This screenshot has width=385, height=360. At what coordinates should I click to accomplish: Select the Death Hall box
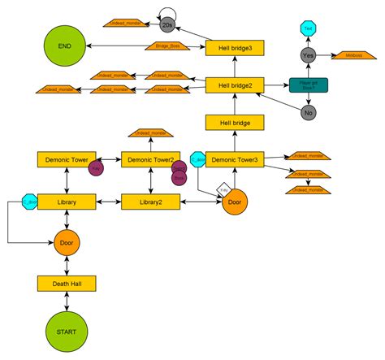pos(67,283)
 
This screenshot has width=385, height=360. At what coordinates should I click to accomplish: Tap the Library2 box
pos(150,202)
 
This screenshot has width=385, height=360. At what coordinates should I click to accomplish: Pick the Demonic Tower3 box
pos(234,159)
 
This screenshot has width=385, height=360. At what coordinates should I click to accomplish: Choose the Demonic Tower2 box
pos(150,159)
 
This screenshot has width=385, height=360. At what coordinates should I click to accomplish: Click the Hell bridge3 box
pos(234,48)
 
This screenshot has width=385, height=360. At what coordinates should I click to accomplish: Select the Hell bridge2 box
pos(234,85)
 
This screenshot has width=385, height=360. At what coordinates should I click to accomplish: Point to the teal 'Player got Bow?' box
pos(309,85)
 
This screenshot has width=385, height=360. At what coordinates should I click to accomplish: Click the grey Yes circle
pos(308,55)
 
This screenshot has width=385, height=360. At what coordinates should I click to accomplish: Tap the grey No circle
pos(308,114)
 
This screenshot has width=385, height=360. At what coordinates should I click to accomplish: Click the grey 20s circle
pos(168,25)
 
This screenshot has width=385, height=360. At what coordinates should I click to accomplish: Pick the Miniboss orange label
pos(353,55)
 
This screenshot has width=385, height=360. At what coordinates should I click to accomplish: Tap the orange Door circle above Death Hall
pos(67,242)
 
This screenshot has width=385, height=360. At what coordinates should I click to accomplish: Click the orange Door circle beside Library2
pos(234,202)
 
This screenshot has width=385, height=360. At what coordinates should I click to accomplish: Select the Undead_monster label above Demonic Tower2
pos(150,132)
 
